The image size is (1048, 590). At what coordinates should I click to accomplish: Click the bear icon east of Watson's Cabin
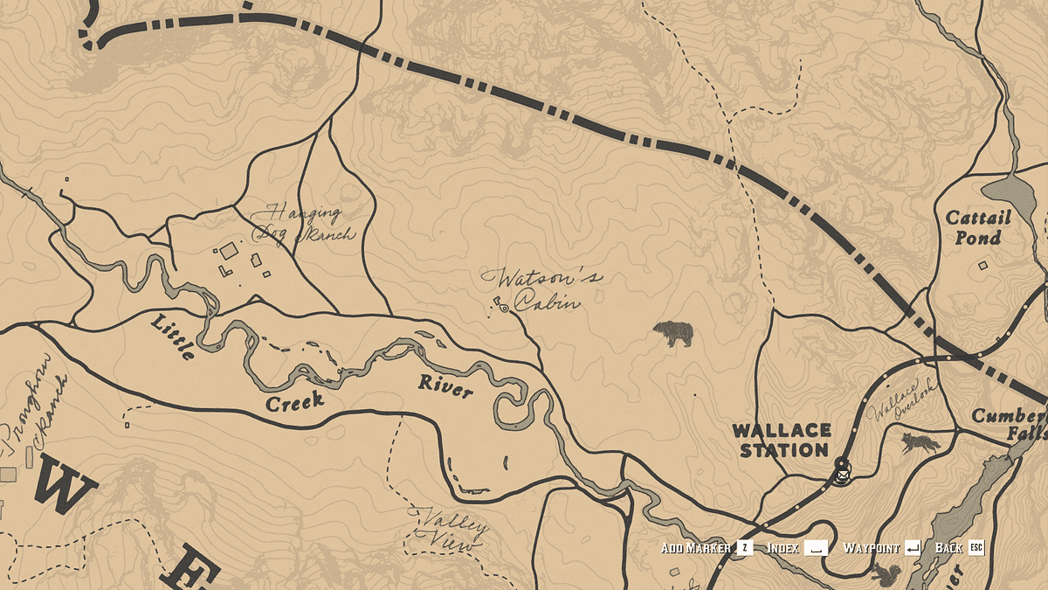point(672,333)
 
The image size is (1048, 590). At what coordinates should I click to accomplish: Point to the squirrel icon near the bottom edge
point(887,573)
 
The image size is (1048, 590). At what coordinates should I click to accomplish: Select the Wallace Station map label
point(781,441)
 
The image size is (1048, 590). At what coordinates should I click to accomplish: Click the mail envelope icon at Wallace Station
point(842,475)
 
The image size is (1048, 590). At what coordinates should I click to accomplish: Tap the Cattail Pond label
point(978,227)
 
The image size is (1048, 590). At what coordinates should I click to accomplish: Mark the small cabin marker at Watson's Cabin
point(504,308)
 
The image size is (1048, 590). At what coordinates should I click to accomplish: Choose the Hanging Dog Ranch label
point(303,223)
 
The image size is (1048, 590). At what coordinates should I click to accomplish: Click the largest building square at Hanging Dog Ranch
point(229,252)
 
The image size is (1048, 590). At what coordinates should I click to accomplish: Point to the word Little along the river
point(174,336)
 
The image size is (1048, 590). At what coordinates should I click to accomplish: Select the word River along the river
point(445,385)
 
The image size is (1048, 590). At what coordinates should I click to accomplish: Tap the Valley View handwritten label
point(450,530)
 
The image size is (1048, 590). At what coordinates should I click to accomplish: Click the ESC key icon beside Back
point(976,548)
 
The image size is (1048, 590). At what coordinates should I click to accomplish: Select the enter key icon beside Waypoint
point(913,548)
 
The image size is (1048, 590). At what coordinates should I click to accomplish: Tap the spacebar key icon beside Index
point(816,548)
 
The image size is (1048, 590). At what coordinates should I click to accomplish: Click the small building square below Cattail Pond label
point(982,265)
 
